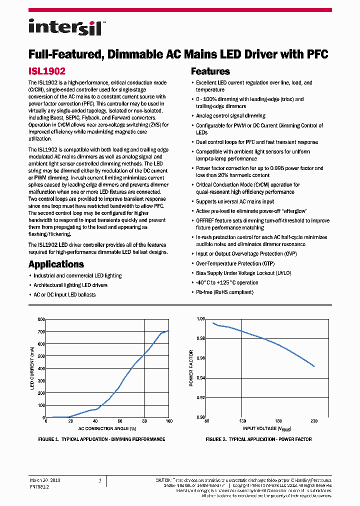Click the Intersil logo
[65, 27]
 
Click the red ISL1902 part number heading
[47, 71]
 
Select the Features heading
[210, 71]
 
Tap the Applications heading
[56, 264]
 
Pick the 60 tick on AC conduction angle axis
[119, 422]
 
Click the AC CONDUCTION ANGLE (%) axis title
[107, 428]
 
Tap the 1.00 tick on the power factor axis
[200, 319]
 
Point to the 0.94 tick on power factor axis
[200, 378]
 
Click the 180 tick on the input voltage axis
[278, 422]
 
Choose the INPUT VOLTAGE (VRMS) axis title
[267, 429]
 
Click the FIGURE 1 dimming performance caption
[101, 439]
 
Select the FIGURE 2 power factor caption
[258, 439]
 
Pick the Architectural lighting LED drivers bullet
[70, 285]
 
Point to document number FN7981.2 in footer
[39, 485]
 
